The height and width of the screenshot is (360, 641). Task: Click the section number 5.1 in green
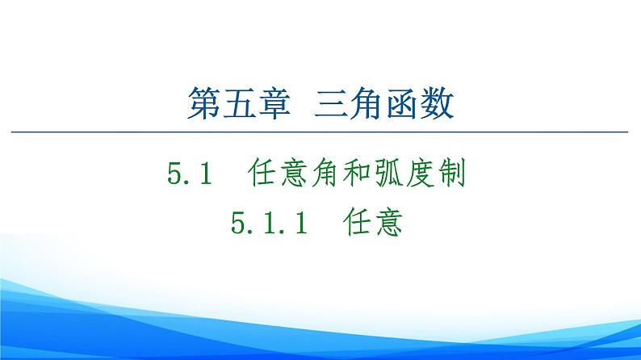(x=189, y=173)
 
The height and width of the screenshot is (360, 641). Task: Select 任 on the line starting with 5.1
(x=259, y=173)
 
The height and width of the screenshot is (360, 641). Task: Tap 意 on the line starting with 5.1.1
(x=388, y=220)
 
